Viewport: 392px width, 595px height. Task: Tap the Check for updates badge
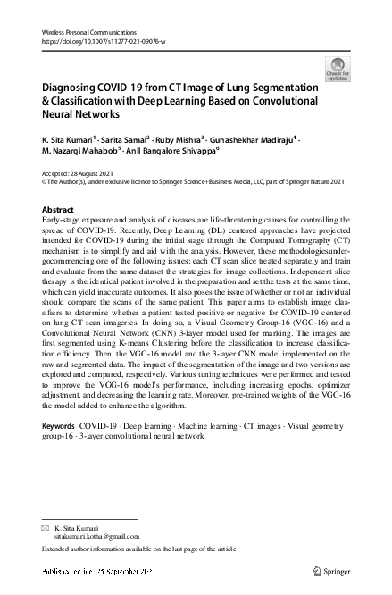tap(340, 69)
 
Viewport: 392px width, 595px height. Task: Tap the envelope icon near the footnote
tap(46, 526)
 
